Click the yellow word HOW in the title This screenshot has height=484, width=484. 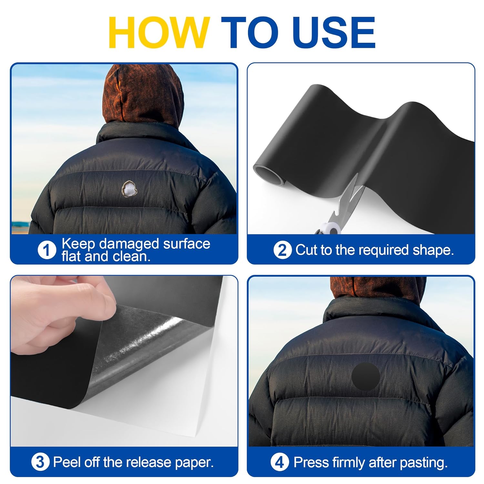[x=159, y=33]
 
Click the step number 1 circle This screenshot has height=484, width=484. [x=47, y=250]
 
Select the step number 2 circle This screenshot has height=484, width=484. [x=282, y=250]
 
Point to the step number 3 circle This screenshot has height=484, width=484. [x=40, y=462]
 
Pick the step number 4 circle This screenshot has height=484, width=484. [x=279, y=462]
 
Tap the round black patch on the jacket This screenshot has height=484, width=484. [x=366, y=376]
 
